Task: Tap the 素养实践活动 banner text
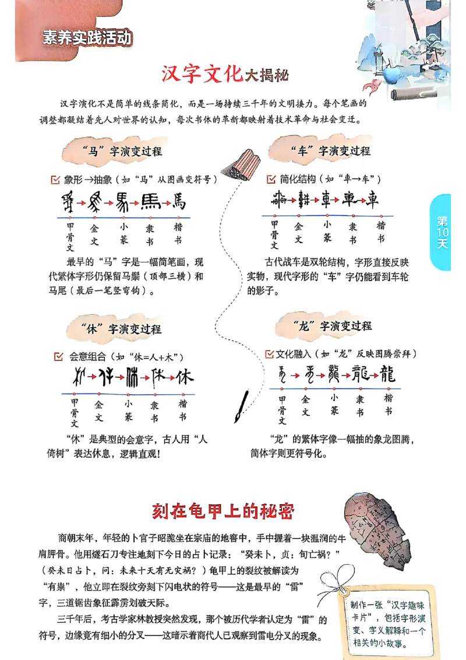87,38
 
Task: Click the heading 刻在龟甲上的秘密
223,511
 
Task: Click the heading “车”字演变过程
330,151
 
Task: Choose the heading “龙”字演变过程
330,326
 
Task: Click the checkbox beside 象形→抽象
56,180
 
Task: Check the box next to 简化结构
271,179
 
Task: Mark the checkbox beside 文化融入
269,354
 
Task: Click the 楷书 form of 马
179,202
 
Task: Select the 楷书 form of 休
185,377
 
